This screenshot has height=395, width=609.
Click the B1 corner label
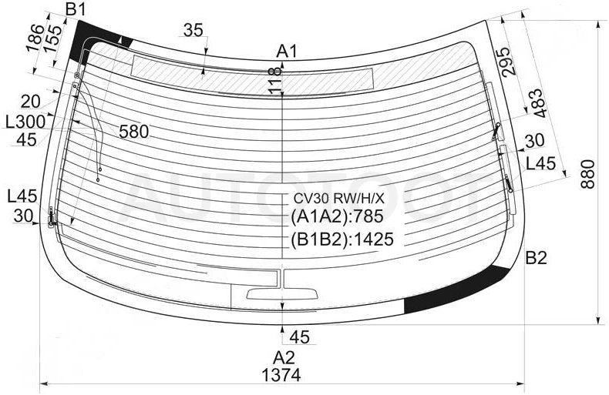(x=77, y=9)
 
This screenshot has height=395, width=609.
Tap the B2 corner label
(x=537, y=258)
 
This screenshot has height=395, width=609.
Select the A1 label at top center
(x=287, y=52)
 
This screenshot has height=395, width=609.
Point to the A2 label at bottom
(x=284, y=357)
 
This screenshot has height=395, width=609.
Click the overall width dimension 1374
(x=281, y=375)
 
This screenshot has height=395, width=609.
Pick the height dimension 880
(x=588, y=174)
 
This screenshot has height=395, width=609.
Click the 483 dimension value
(x=539, y=103)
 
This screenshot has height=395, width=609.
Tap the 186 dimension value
(x=35, y=38)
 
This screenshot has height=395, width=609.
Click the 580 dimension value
(x=134, y=132)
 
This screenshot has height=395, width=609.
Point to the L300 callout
(x=25, y=122)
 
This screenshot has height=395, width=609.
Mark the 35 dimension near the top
(x=193, y=29)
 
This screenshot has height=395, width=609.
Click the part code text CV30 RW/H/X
(x=338, y=199)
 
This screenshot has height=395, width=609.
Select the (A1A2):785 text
(x=337, y=216)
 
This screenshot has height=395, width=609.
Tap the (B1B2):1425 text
(x=342, y=239)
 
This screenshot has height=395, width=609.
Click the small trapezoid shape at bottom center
(x=282, y=293)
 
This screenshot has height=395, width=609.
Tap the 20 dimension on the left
(x=30, y=102)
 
